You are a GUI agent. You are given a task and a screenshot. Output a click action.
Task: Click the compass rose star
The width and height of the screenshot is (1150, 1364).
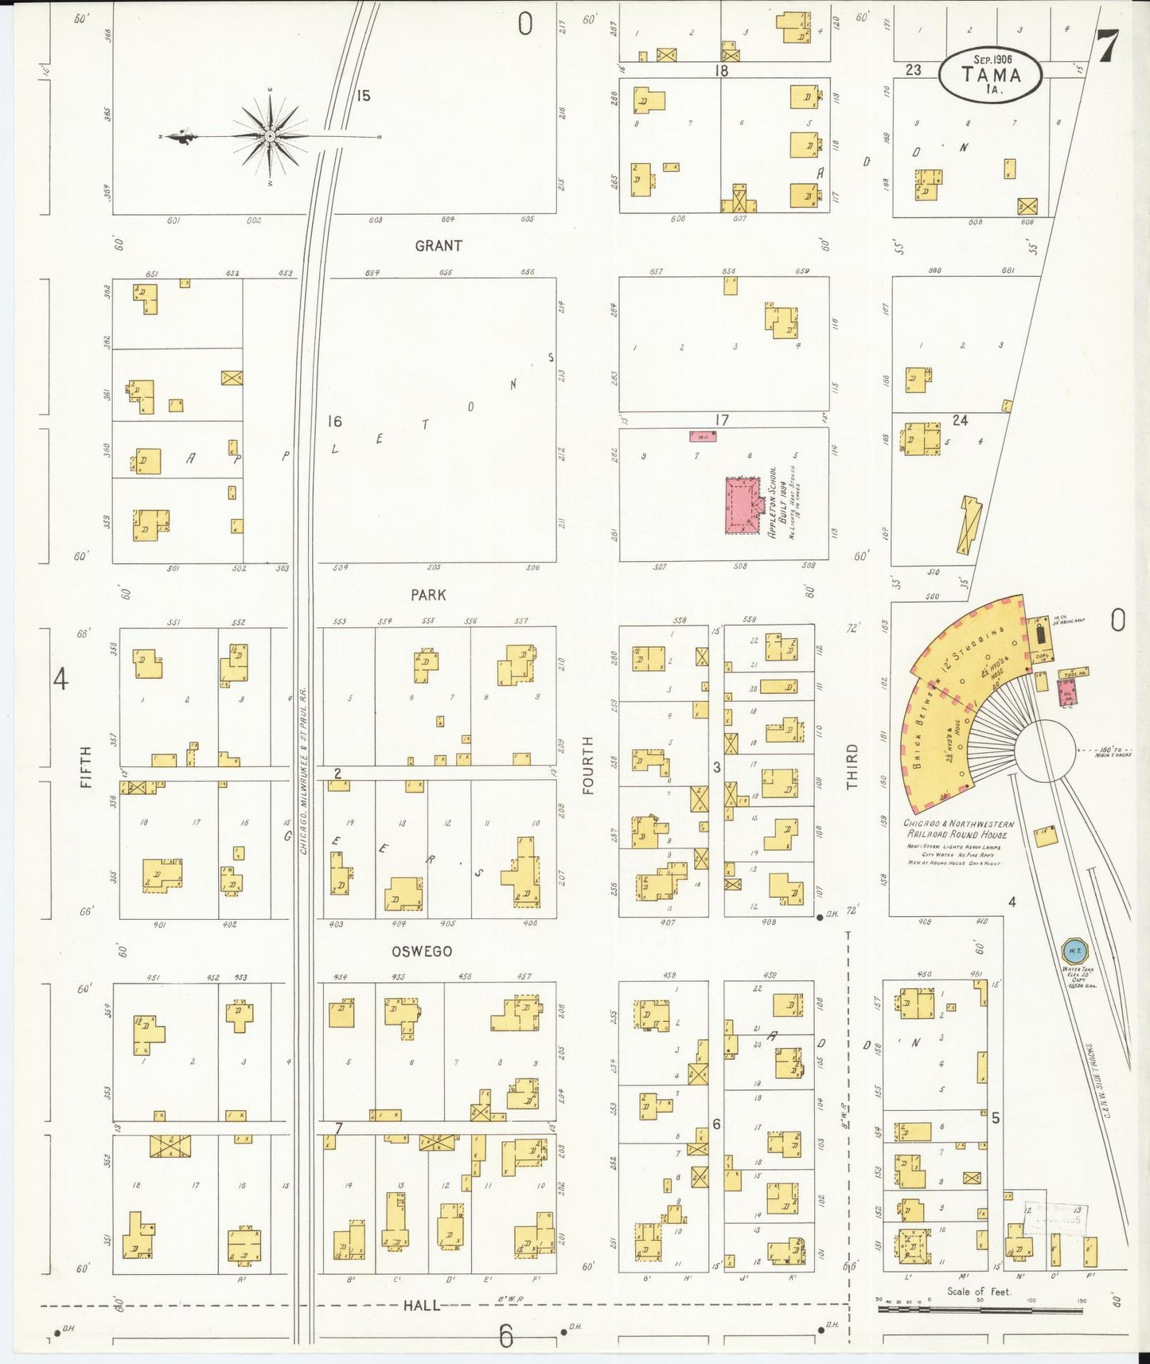271,137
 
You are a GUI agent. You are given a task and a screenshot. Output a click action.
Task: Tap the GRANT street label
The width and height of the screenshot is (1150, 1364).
438,246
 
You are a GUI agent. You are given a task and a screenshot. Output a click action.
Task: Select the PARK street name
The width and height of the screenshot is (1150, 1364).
428,594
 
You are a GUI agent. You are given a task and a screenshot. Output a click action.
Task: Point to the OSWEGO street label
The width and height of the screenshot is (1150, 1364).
422,951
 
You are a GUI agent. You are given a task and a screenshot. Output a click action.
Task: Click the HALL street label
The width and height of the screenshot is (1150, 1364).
421,1305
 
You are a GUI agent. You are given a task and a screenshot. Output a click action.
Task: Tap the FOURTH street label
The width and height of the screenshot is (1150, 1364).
588,765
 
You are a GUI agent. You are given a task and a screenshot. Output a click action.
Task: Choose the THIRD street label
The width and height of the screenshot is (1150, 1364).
852,767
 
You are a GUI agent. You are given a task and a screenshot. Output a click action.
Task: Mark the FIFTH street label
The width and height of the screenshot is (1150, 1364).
86,767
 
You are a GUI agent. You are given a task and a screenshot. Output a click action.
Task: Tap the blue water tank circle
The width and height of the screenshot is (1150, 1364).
1074,950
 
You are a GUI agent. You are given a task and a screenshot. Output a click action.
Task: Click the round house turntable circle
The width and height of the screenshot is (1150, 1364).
1044,750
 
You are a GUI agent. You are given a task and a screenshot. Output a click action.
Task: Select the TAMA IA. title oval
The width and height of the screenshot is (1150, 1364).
990,76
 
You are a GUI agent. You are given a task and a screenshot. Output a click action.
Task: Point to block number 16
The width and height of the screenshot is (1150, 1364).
335,421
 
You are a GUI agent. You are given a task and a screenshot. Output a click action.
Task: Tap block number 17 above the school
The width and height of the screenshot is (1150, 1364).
721,419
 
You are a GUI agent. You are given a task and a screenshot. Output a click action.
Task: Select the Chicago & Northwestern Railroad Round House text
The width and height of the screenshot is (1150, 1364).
958,829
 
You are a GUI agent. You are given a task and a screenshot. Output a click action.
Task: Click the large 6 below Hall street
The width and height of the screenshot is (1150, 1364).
506,1336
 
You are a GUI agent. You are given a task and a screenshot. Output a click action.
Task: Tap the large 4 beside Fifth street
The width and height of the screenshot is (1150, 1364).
60,680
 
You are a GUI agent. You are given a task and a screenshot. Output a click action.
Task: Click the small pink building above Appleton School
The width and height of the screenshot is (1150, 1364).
703,436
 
